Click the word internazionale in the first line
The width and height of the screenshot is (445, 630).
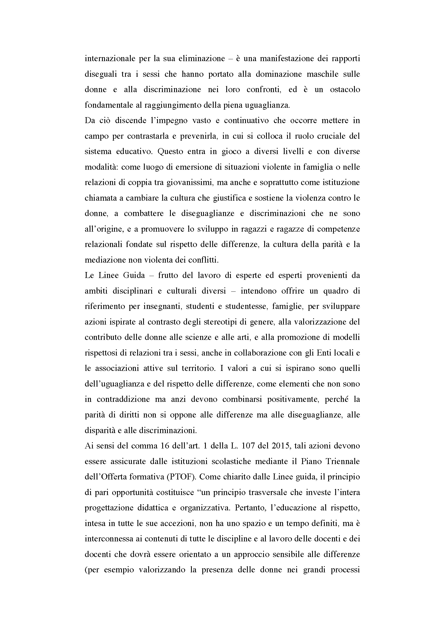pos(109,59)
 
